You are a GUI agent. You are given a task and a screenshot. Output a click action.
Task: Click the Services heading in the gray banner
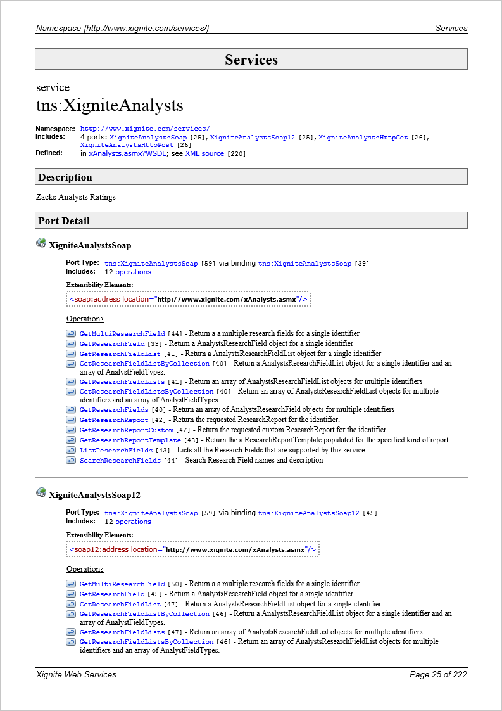pos(251,60)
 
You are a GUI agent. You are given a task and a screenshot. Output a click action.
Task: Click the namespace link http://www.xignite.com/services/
pos(145,129)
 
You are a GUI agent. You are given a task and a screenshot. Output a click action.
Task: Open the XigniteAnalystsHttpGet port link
pos(363,137)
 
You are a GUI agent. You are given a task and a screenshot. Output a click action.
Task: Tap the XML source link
pos(204,153)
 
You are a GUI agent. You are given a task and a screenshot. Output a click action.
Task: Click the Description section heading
pos(65,177)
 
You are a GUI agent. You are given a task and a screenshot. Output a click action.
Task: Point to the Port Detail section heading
pos(64,221)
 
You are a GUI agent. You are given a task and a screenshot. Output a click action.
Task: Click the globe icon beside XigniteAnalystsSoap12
pos(41,492)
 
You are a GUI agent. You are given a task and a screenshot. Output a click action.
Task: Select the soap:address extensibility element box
pos(189,299)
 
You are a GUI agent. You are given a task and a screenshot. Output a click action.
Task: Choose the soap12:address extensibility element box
pos(192,549)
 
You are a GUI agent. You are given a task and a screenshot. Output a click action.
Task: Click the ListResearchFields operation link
pos(116,450)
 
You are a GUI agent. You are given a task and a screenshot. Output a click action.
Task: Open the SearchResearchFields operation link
pos(120,460)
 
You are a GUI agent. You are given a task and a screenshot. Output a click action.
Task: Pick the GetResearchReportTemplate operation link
pos(130,440)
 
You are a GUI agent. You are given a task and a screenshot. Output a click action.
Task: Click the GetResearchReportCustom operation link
pos(126,430)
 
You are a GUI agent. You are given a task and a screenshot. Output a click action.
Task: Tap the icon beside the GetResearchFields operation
pos(71,409)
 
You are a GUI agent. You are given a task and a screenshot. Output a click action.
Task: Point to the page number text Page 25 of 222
pos(438,674)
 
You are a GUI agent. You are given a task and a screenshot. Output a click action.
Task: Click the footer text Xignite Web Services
pos(77,674)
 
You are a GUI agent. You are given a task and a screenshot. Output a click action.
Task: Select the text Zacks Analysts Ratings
pos(76,197)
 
